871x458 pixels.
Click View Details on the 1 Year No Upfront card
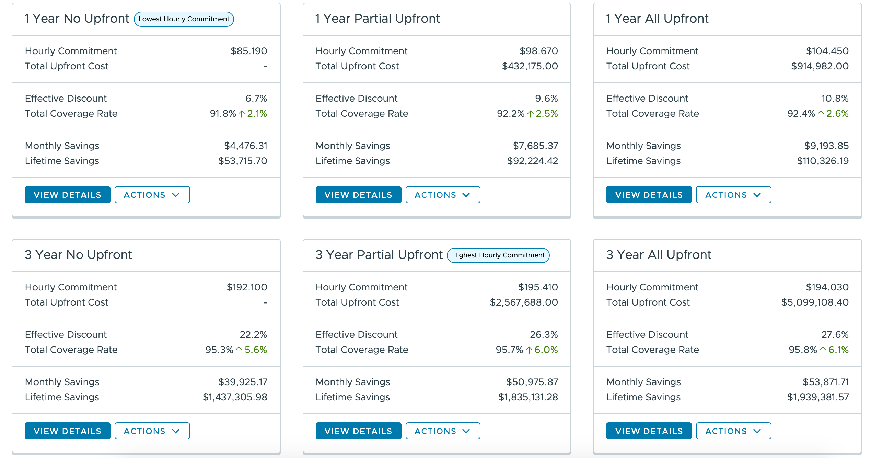(x=67, y=195)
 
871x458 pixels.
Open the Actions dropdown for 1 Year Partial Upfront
(x=442, y=195)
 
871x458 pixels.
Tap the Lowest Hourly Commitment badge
(x=184, y=19)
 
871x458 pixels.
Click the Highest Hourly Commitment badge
(x=498, y=255)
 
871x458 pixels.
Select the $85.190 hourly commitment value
(x=248, y=51)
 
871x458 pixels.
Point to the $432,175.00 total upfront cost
(x=530, y=66)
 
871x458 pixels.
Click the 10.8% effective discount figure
(x=835, y=99)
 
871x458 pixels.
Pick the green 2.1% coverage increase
(x=257, y=114)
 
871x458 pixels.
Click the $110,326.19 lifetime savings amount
(x=823, y=161)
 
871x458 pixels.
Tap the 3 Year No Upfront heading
(x=78, y=255)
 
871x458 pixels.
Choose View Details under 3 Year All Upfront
(x=649, y=431)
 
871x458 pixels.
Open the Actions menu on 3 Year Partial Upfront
(x=442, y=431)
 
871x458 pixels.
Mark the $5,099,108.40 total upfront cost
(x=815, y=302)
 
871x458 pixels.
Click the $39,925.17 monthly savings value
(x=243, y=382)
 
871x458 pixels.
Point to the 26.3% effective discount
(x=544, y=335)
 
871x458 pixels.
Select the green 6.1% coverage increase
(x=838, y=350)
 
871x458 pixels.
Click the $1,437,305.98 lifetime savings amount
(x=235, y=397)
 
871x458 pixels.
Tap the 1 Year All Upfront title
(x=657, y=19)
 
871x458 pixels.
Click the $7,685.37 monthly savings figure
(x=535, y=146)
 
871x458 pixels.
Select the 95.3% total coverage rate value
(x=219, y=350)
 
